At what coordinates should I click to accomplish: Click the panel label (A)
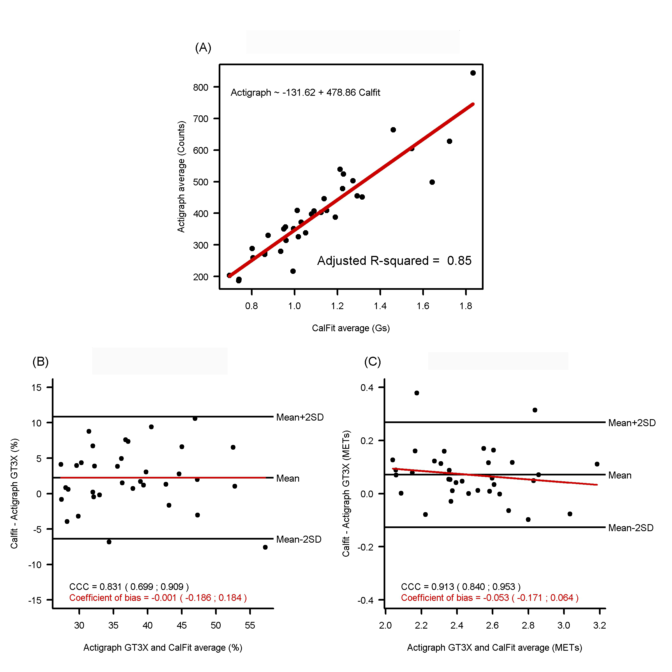203,47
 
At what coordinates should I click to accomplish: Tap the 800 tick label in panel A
201,87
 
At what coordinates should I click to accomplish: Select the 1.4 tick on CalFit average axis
380,306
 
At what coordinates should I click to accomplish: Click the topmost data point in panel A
473,73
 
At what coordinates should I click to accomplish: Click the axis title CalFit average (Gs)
351,328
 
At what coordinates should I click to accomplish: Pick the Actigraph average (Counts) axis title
181,177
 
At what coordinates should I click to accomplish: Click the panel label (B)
40,362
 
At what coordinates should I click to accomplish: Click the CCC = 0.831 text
129,587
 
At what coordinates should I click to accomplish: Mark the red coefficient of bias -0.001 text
158,598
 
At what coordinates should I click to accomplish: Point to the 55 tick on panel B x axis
250,626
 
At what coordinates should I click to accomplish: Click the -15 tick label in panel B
35,600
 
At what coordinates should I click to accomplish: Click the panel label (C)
372,362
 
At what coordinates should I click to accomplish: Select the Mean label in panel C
619,475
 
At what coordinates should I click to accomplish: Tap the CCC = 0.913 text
461,587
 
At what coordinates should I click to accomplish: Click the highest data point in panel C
417,393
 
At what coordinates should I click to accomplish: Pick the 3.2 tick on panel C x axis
599,626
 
